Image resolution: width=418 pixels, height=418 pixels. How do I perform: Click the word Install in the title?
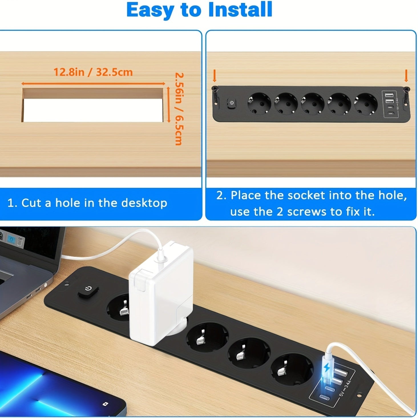pyautogui.click(x=240, y=10)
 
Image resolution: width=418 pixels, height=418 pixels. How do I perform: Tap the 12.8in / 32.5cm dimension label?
pyautogui.click(x=93, y=72)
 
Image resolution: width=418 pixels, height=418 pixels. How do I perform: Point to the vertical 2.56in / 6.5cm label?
pyautogui.click(x=179, y=109)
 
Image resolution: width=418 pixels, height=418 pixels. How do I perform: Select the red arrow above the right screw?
pyautogui.click(x=406, y=76)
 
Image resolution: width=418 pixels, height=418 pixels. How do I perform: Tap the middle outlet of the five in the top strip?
pyautogui.click(x=313, y=104)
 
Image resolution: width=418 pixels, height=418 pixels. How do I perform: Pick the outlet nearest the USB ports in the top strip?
pyautogui.click(x=366, y=104)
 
